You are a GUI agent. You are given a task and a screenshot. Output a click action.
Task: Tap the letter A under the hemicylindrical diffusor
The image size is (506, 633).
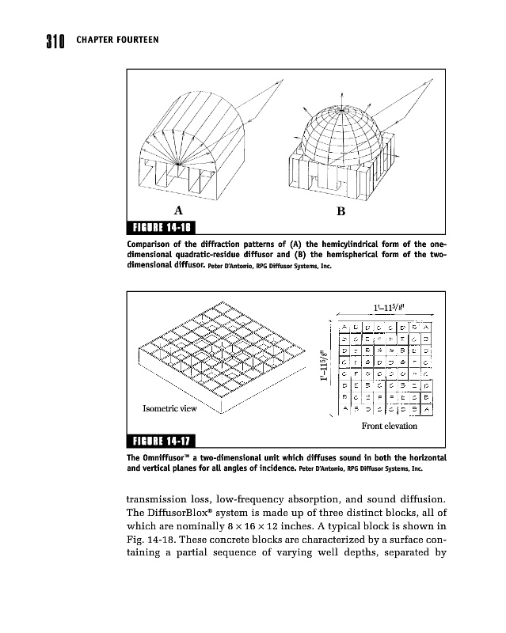click(x=178, y=211)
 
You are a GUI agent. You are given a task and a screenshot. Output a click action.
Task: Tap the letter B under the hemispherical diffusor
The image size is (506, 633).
click(x=341, y=212)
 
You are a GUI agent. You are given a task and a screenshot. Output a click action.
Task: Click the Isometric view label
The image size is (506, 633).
click(x=169, y=409)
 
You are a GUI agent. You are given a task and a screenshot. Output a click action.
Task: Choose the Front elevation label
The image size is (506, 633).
click(x=388, y=426)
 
